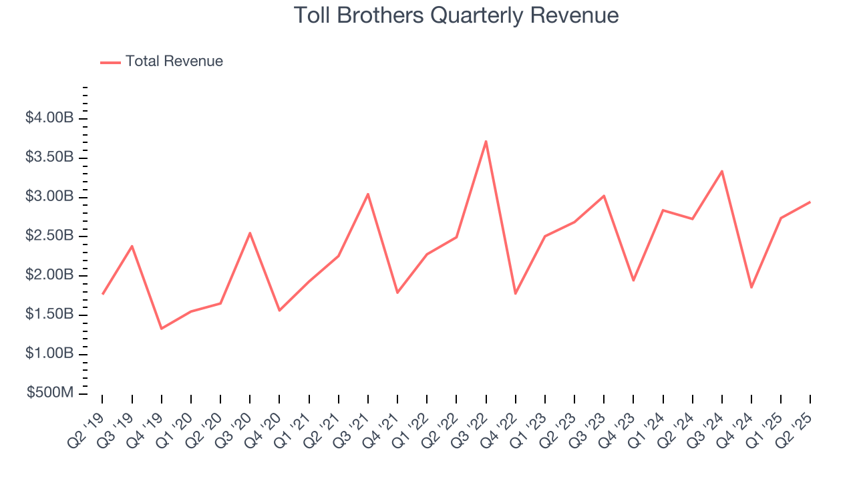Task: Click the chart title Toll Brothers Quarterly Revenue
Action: (x=456, y=15)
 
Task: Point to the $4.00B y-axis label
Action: (x=49, y=118)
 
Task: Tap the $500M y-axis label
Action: (x=49, y=393)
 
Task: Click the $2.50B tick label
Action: (x=49, y=236)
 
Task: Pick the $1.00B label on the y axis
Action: (x=49, y=354)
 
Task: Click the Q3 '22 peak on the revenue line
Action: (x=486, y=141)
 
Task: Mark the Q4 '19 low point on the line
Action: (x=161, y=329)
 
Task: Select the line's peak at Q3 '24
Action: (x=722, y=171)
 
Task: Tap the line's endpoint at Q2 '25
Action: (x=810, y=202)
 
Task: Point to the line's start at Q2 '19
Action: (x=102, y=294)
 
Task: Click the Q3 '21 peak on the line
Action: (x=368, y=194)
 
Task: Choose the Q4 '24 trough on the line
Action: (x=751, y=287)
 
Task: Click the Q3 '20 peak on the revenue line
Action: (x=250, y=233)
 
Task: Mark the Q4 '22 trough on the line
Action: (x=516, y=293)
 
